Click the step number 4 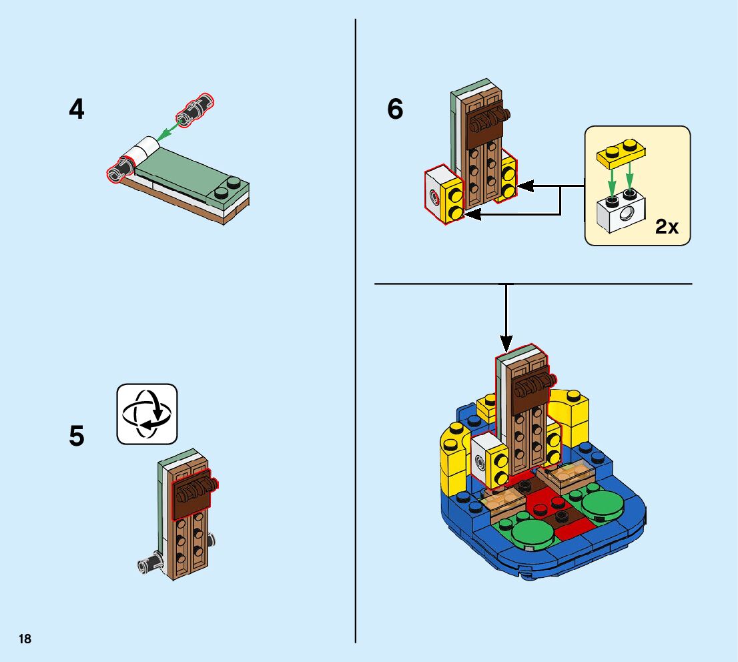click(77, 109)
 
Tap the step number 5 click(77, 436)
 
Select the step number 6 click(395, 109)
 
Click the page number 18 click(25, 639)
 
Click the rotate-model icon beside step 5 click(147, 414)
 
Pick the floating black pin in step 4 click(196, 110)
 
